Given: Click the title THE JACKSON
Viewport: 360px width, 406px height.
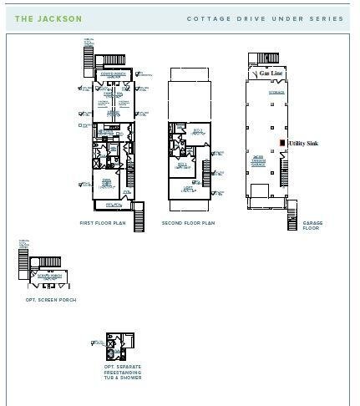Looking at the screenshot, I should point(48,18).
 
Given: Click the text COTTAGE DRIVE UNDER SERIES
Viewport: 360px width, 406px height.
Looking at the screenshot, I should point(265,18).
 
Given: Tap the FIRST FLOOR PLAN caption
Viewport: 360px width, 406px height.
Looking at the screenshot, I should point(103,223).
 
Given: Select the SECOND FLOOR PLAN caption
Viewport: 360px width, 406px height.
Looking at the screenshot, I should point(188,223).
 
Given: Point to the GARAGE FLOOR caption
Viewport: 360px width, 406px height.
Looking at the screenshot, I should point(312,226).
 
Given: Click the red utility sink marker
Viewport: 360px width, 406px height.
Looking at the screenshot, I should point(282,144).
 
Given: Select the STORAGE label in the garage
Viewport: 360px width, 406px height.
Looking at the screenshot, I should point(276,93).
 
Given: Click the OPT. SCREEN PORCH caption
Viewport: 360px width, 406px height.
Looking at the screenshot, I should point(51,300).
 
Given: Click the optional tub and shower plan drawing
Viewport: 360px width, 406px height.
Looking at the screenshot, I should point(119,344).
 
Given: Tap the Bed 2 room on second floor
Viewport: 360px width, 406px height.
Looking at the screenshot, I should point(197,131).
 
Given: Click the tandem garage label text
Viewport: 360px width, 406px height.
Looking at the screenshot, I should point(259,160).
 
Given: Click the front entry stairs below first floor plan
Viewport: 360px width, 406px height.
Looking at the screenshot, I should point(140,217).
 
